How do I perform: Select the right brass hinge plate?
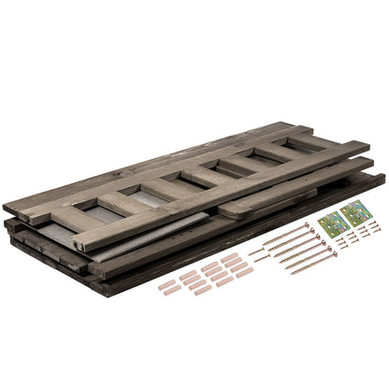coord(355,214)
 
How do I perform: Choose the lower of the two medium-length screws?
coord(262,257)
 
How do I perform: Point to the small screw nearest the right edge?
coord(377,225)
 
